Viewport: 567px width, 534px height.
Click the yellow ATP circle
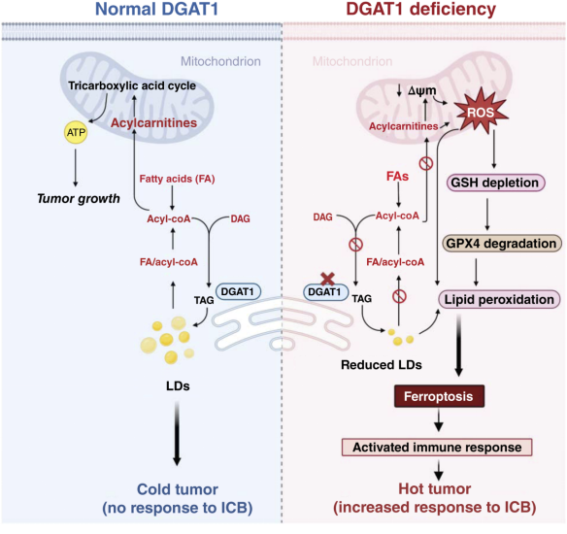[76, 132]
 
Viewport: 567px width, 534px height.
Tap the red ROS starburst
[481, 111]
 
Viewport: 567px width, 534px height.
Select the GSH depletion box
[495, 183]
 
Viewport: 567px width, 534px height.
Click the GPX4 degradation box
[502, 244]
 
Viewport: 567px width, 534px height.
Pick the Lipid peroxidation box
[499, 299]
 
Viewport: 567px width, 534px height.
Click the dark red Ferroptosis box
[439, 396]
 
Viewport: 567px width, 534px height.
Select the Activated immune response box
[437, 448]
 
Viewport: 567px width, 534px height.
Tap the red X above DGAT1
[327, 279]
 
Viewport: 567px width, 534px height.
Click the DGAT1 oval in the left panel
[238, 291]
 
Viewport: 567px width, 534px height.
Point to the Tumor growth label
[79, 198]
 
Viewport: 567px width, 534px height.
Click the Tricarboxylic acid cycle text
[132, 85]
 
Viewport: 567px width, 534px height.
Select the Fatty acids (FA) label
[177, 179]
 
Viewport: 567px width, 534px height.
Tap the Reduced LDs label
[382, 365]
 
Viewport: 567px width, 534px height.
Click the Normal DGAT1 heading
[157, 9]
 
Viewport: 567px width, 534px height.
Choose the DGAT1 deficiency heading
[421, 9]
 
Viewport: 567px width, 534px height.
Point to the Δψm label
[422, 90]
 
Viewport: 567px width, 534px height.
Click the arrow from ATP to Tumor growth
[76, 167]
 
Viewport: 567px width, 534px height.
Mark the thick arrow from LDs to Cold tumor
[177, 433]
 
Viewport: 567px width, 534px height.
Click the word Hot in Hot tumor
[411, 488]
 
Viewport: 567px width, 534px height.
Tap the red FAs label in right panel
[397, 177]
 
